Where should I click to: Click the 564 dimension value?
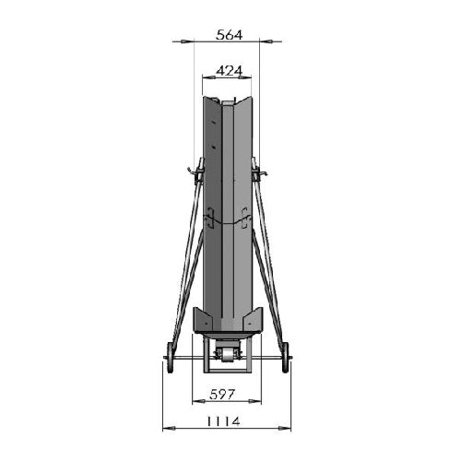tap(229, 35)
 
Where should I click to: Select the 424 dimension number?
tap(229, 71)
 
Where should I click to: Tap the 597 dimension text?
tap(222, 395)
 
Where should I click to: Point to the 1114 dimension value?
tap(223, 421)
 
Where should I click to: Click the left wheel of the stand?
tap(170, 358)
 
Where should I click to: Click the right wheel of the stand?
tap(286, 358)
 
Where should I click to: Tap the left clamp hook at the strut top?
tap(195, 171)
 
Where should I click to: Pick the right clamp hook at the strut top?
tap(261, 171)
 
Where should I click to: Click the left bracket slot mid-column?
tap(209, 219)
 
